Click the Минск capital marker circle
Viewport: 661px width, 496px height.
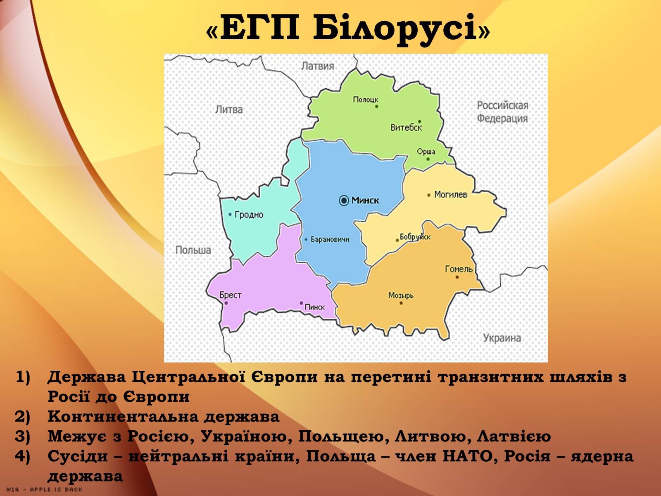(344, 200)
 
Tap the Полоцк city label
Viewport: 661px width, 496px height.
(366, 99)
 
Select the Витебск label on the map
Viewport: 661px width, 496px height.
(406, 128)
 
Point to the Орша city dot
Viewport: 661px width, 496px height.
(428, 159)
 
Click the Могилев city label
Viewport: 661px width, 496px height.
(451, 195)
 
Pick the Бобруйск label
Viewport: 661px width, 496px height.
(415, 237)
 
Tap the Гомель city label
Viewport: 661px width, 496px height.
(459, 269)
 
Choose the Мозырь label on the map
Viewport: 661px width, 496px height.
(401, 296)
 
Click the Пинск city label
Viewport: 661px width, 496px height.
(315, 307)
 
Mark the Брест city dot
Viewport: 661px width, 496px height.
(226, 303)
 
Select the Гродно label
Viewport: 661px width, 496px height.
(249, 215)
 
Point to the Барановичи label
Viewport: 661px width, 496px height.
(330, 239)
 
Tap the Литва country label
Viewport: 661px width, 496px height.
(229, 109)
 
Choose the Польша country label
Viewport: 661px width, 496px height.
(193, 250)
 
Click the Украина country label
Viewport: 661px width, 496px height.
(502, 338)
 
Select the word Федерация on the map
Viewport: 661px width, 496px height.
(502, 118)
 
